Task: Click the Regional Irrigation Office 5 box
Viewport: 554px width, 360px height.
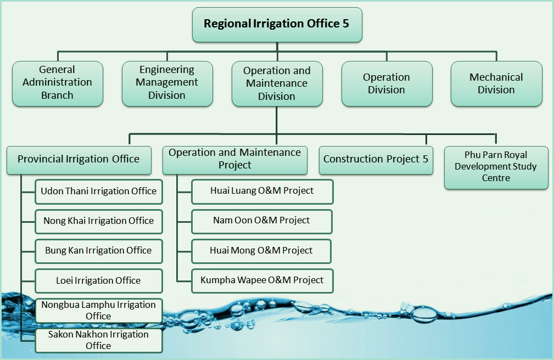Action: point(277,24)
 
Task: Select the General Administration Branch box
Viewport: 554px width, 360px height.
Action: point(58,83)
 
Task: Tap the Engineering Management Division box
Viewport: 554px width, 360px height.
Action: point(167,83)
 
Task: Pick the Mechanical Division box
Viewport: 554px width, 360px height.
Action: point(496,83)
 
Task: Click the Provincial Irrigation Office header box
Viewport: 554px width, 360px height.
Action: point(79,160)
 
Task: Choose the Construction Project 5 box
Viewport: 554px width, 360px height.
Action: point(376,160)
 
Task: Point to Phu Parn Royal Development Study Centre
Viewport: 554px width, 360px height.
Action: point(496,167)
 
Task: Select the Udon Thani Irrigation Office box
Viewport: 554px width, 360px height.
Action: point(99,192)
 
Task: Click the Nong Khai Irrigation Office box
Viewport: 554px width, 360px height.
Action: point(99,221)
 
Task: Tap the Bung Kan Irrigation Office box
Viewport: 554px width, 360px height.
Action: point(99,251)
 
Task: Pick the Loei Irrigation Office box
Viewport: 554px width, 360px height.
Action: point(99,280)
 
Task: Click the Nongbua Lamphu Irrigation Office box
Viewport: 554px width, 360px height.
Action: point(99,310)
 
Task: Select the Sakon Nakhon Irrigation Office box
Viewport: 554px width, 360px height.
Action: point(99,340)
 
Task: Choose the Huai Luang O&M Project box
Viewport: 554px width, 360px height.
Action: point(262,192)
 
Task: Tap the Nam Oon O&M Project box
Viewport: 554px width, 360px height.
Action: point(262,221)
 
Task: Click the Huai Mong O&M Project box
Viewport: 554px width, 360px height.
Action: point(261,251)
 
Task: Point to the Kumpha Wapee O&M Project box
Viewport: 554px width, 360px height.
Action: point(262,280)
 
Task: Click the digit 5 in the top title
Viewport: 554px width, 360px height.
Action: point(345,24)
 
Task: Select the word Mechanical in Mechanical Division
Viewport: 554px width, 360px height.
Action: point(496,77)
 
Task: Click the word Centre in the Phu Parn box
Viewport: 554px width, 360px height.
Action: point(496,178)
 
